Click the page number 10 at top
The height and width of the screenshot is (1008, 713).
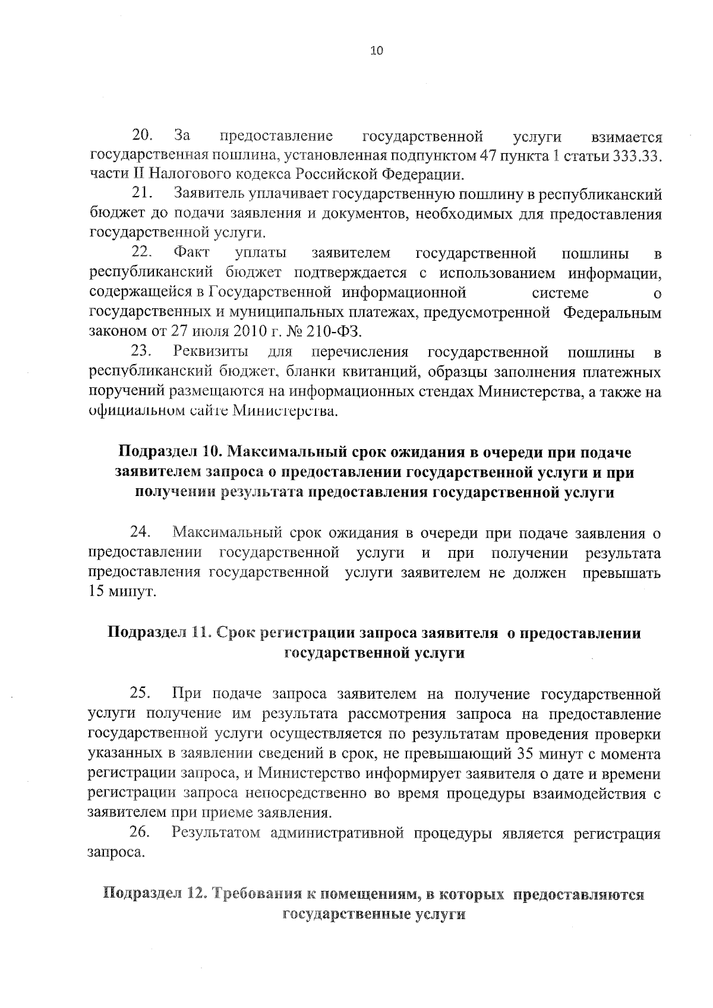(377, 50)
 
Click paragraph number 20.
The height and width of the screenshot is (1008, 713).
(143, 136)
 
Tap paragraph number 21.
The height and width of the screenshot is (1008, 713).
(143, 194)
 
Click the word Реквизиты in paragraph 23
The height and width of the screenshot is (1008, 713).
(210, 353)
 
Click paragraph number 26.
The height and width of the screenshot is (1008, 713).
(141, 833)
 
